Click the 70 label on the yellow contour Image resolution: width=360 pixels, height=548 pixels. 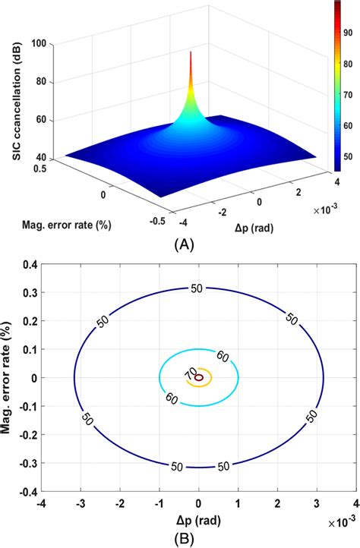(x=189, y=373)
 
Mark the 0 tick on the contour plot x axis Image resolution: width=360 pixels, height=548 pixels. (x=199, y=502)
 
